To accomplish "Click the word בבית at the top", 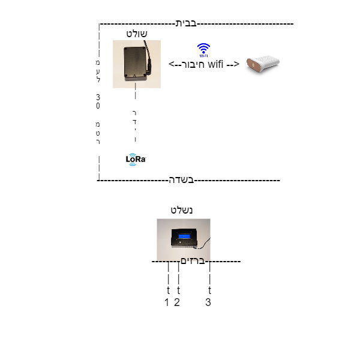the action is pyautogui.click(x=186, y=23).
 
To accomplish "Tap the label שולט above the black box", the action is pyautogui.click(x=137, y=34).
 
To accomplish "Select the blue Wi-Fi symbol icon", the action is pyautogui.click(x=203, y=50).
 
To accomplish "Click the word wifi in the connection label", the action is pyautogui.click(x=215, y=64).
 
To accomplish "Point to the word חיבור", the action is pyautogui.click(x=193, y=64).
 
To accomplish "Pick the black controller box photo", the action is pyautogui.click(x=137, y=64).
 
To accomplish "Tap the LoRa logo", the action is pyautogui.click(x=136, y=160).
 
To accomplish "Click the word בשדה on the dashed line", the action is pyautogui.click(x=181, y=180).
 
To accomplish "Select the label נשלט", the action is pyautogui.click(x=181, y=210).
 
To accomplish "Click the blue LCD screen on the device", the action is pyautogui.click(x=184, y=236).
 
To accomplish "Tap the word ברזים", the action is pyautogui.click(x=193, y=261).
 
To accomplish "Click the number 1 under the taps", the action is pyautogui.click(x=167, y=302).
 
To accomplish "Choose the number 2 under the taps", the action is pyautogui.click(x=176, y=302).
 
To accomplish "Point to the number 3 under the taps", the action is pyautogui.click(x=208, y=302).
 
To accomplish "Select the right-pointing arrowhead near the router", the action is pyautogui.click(x=236, y=64).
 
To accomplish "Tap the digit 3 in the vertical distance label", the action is pyautogui.click(x=98, y=97).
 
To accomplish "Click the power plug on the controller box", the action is pyautogui.click(x=149, y=67).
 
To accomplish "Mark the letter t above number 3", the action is pyautogui.click(x=209, y=290).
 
